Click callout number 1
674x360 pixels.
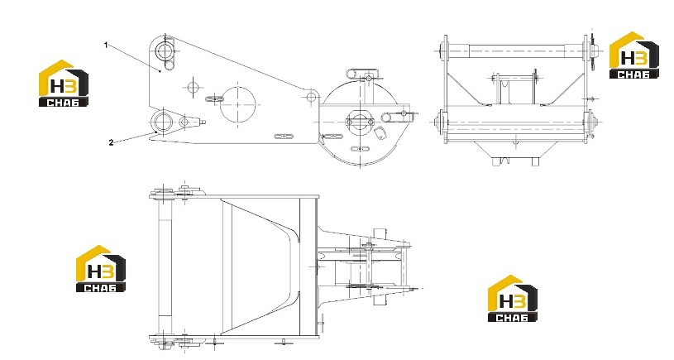click(106, 46)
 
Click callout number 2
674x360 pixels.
click(111, 142)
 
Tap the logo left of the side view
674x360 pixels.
click(64, 83)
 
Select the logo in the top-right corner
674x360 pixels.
click(634, 55)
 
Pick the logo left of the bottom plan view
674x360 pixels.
click(101, 269)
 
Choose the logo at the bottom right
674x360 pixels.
click(513, 299)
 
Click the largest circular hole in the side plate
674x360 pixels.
click(237, 104)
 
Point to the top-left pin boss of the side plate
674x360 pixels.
click(164, 51)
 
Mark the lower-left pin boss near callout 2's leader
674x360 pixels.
click(163, 121)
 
